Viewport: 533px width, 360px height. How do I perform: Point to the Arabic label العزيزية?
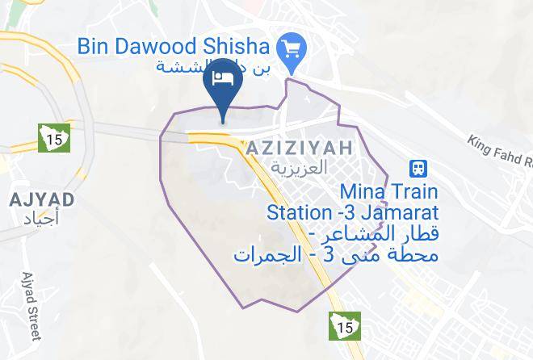[x=299, y=168]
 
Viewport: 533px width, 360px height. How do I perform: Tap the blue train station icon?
[x=419, y=168]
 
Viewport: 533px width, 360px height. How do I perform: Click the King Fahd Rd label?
[x=498, y=153]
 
